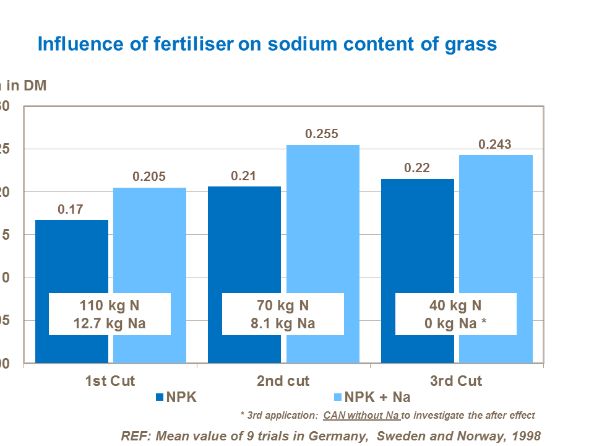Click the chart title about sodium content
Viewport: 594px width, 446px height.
click(267, 44)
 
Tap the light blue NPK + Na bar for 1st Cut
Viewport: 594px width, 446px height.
click(149, 242)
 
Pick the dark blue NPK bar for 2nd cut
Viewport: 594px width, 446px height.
click(244, 242)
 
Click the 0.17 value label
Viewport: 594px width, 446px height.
click(71, 209)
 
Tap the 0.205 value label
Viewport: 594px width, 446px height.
click(149, 177)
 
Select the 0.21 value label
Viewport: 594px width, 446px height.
click(244, 176)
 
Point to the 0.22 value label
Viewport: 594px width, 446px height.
click(417, 168)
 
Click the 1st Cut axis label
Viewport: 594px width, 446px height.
click(110, 380)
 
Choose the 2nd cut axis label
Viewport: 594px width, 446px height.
click(283, 380)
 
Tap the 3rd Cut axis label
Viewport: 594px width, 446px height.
click(456, 380)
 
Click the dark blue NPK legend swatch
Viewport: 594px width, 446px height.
click(160, 397)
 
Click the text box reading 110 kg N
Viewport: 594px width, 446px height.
click(110, 314)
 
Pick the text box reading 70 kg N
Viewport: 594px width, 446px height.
click(283, 314)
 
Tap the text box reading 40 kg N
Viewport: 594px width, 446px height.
click(456, 314)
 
